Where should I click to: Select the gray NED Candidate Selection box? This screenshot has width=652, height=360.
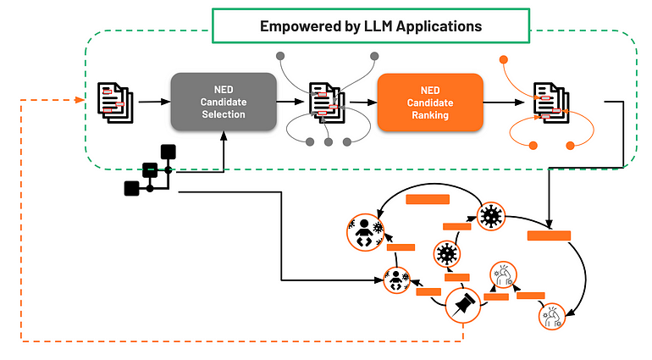coord(224,102)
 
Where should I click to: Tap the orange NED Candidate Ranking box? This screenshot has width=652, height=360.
coord(430,102)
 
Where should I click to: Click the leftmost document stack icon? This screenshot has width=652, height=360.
coord(115,102)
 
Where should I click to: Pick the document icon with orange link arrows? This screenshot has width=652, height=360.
coord(551,102)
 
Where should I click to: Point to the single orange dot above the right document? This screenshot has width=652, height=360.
coord(504,60)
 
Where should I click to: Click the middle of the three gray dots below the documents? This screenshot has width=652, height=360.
coord(329,142)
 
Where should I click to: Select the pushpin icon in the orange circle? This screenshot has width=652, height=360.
coord(463,305)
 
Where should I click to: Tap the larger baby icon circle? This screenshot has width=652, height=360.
coord(366,233)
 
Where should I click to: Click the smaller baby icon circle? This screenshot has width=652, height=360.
coord(396,280)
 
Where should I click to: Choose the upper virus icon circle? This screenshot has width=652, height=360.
coord(491,216)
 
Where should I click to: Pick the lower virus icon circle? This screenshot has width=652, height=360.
coord(446,254)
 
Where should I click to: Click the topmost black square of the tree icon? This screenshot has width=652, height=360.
coord(168,152)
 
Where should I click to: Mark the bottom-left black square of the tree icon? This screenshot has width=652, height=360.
coord(132,189)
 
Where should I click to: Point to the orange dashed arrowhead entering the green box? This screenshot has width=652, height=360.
coord(80,100)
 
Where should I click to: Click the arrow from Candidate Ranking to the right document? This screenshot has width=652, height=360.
coord(504,102)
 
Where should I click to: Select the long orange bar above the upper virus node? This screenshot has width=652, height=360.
coord(428,199)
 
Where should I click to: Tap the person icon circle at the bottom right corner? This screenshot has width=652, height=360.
coord(552,316)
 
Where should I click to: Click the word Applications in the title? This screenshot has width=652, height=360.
coord(439,26)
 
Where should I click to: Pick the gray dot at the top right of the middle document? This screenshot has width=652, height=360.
coord(374,56)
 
